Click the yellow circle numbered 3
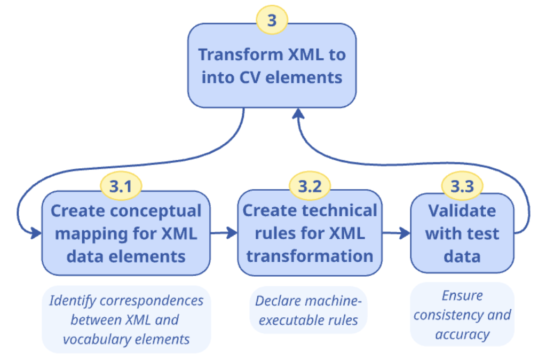coord(272,20)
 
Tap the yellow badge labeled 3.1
coord(121,185)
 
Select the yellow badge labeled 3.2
coord(310,186)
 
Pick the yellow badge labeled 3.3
coord(462,186)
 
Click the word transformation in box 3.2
coord(310,256)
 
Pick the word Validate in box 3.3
coord(462,210)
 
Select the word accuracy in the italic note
coord(462,334)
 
